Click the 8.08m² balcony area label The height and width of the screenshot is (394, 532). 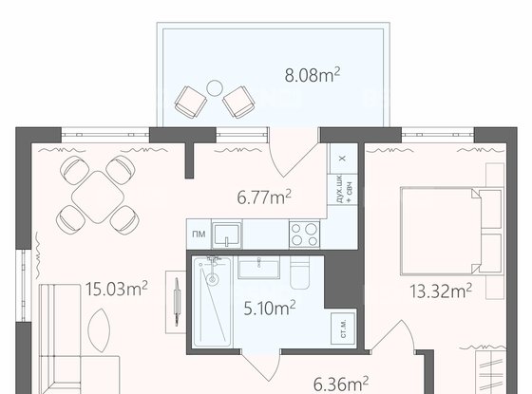coord(313,75)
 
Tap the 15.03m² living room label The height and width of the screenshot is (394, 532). coord(116,289)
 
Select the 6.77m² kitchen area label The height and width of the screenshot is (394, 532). coord(264,197)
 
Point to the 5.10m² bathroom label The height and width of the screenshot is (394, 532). coord(270,308)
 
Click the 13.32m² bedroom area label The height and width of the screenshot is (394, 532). coord(441,291)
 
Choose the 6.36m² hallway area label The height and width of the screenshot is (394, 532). coord(341,385)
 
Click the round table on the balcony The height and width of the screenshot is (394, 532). coord(215,88)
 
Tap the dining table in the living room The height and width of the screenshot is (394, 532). coord(98,197)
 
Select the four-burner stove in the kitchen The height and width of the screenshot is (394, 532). coord(304,235)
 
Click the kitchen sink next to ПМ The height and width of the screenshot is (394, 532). coord(227,235)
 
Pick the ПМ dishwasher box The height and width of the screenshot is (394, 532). coord(199,235)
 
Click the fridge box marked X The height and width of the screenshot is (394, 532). coord(342,159)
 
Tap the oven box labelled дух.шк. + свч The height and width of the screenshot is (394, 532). coord(342,189)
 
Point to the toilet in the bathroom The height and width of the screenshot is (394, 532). coord(300,272)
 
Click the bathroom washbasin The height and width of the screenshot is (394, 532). coord(258,268)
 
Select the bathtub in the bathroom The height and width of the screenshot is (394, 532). coord(213,302)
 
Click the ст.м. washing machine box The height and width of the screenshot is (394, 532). coord(343,328)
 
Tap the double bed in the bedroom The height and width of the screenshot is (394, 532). coord(451,231)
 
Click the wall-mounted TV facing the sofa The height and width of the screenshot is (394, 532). coord(177,302)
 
